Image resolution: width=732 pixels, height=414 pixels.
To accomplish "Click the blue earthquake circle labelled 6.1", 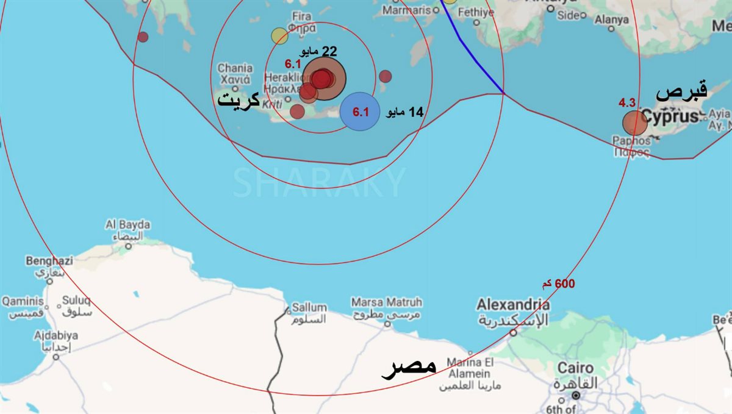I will pos(361,111).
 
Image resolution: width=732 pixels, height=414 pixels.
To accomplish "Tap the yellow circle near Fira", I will pos(279,36).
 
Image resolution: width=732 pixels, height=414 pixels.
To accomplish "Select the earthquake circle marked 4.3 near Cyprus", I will pos(634,123).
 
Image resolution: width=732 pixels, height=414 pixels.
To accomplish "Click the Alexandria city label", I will pos(513,305).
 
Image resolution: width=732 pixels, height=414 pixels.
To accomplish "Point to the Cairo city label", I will pos(576,368).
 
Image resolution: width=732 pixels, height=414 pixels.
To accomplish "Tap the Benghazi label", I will pos(49,261).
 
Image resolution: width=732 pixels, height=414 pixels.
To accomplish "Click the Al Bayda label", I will pos(127,225).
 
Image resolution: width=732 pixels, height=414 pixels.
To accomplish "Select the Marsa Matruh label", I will pos(386,302).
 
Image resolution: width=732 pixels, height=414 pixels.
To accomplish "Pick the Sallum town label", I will pos(309,308).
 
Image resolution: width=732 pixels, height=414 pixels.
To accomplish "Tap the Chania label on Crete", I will pos(235,69).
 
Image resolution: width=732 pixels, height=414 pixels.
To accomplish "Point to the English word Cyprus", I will pos(669,117).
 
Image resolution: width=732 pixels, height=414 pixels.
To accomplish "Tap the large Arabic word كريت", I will pos(239,99).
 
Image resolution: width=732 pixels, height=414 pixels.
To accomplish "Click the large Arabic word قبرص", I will pos(681,93).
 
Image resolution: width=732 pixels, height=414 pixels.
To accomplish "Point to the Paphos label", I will pos(631,141).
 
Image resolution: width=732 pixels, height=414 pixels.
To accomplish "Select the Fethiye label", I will pos(476,12).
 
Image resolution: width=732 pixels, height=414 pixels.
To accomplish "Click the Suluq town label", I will pos(76,301).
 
